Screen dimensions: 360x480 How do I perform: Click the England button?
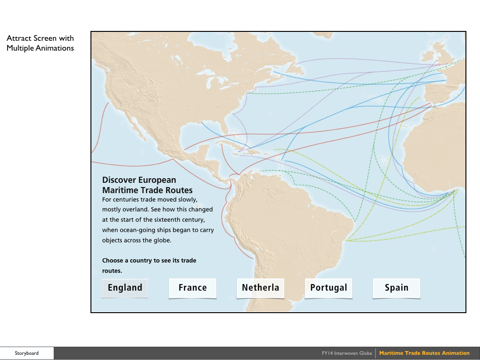coord(125,288)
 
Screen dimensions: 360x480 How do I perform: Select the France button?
coord(193,288)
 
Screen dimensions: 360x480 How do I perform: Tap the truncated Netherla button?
coord(260,288)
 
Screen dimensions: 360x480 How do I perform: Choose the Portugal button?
coord(329,288)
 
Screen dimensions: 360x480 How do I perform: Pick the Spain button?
coord(397,288)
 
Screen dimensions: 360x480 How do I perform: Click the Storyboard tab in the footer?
coord(27,353)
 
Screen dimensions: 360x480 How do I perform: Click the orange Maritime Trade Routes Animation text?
coord(424,353)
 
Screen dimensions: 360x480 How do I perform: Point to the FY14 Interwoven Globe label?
coord(347,353)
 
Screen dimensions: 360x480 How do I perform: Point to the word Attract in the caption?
coord(18,38)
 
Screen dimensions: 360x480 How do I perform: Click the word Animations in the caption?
coord(54,48)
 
